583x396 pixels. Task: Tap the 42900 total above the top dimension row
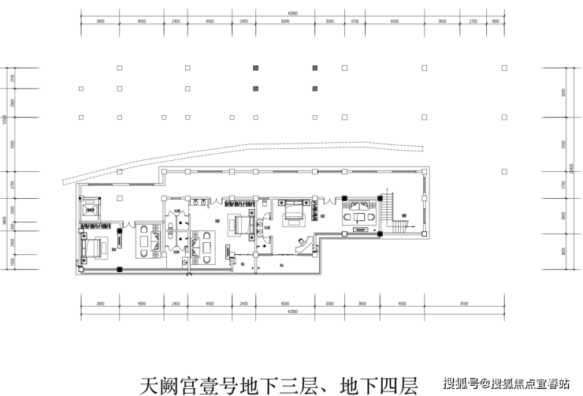point(292,13)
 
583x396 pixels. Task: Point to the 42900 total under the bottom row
point(292,313)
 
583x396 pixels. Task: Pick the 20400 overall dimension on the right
point(572,170)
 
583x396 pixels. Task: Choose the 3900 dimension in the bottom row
point(99,304)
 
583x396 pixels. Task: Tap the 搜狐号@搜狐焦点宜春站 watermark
point(504,384)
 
